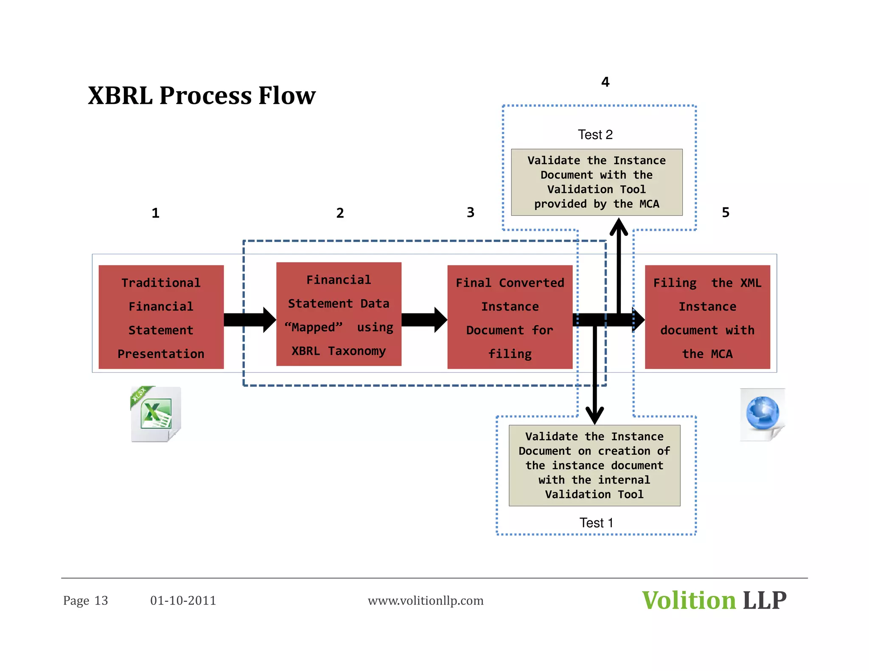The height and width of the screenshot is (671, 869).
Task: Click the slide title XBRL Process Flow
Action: pyautogui.click(x=202, y=95)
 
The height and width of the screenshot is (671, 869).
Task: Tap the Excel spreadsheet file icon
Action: pyautogui.click(x=156, y=414)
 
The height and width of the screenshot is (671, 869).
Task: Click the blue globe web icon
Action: pyautogui.click(x=762, y=414)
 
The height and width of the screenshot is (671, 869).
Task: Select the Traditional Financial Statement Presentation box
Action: pyautogui.click(x=161, y=317)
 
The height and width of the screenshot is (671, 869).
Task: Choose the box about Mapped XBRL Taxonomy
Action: pyautogui.click(x=339, y=314)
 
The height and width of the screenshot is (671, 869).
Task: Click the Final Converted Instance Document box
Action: pyautogui.click(x=510, y=317)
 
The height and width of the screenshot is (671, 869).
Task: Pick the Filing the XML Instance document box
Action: pyautogui.click(x=707, y=317)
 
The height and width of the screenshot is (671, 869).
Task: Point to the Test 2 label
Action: pyautogui.click(x=595, y=135)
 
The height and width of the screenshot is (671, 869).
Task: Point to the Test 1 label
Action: pyautogui.click(x=596, y=523)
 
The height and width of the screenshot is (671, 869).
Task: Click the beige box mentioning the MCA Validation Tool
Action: pyautogui.click(x=597, y=182)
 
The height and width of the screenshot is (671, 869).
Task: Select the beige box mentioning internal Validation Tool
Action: pyautogui.click(x=594, y=465)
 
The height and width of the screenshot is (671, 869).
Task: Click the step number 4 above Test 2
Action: pyautogui.click(x=605, y=82)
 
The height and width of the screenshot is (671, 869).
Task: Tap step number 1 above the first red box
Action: pyautogui.click(x=156, y=213)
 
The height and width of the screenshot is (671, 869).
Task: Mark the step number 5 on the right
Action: pyautogui.click(x=726, y=212)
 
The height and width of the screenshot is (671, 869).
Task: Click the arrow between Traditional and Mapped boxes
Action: pyautogui.click(x=249, y=320)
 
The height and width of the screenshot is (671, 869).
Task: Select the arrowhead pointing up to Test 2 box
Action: pyautogui.click(x=619, y=227)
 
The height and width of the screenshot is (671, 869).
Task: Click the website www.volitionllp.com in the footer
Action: pyautogui.click(x=426, y=601)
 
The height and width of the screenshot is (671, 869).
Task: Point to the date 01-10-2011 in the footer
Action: pyautogui.click(x=183, y=601)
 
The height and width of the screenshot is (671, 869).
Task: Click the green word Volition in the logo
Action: pyautogui.click(x=689, y=601)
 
